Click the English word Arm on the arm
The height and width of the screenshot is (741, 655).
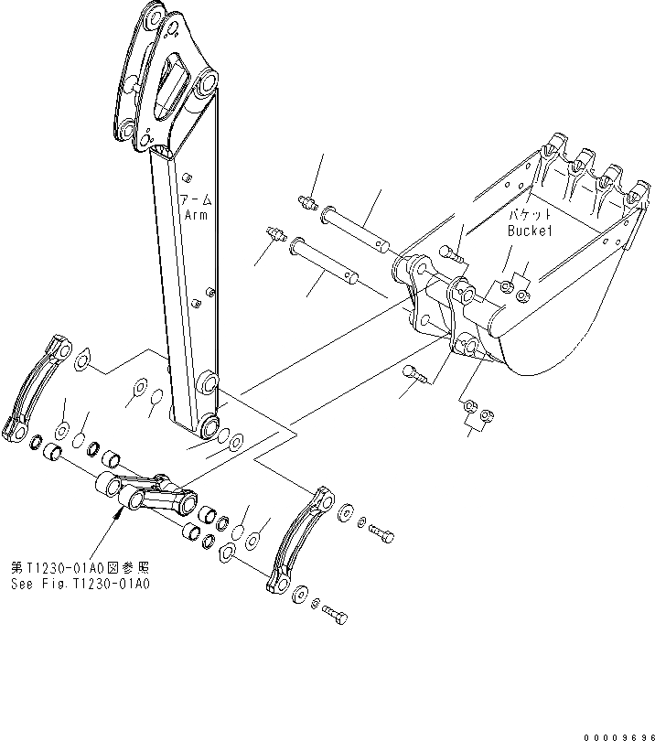point(196,214)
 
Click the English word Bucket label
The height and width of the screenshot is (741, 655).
point(532,231)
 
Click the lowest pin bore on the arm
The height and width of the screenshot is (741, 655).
point(207,426)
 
